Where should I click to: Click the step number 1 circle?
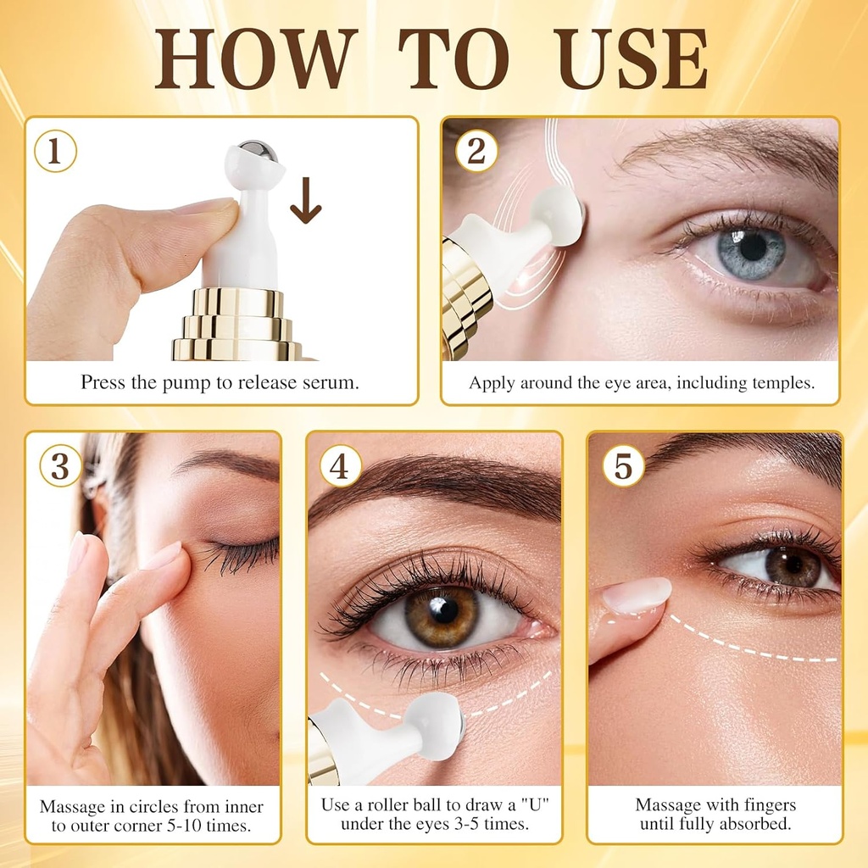coord(55,152)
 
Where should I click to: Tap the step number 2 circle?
coord(476,152)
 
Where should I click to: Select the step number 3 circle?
coord(60,467)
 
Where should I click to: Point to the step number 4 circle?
coord(340,467)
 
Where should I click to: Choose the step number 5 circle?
coord(623,467)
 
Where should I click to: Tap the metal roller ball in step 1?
coord(256,153)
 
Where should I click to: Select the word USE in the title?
coord(632,58)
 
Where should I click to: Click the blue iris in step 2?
coord(751,251)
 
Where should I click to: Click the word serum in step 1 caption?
coord(331,382)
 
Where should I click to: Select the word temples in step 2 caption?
coord(782,382)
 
